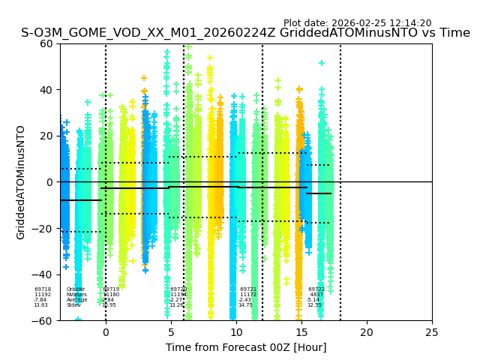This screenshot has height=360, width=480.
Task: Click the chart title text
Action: coord(245,33)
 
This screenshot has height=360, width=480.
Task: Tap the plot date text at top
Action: coord(357,23)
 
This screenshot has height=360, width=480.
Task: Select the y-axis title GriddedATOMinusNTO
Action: coord(21,182)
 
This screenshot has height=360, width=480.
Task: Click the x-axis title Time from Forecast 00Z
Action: coord(246,347)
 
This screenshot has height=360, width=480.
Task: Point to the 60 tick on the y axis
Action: coord(47,43)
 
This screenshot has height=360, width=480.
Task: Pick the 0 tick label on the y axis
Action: coord(50,182)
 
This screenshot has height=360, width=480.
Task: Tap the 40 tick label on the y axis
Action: coord(47,90)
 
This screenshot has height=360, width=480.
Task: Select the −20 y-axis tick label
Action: coord(43,229)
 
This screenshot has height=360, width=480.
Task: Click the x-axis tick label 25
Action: coord(432,332)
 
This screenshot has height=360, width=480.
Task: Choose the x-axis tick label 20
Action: coord(367,332)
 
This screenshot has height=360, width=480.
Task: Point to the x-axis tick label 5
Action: coord(171,332)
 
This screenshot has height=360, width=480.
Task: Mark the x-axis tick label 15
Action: coord(301,332)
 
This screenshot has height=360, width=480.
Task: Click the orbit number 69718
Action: coord(43,289)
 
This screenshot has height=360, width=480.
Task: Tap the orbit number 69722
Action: coord(316,289)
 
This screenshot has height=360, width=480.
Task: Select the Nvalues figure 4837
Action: coord(316,295)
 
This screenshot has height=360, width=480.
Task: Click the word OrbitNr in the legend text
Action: coord(76,289)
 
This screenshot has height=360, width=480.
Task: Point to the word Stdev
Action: coord(73,305)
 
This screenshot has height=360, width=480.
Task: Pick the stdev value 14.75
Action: coord(245,305)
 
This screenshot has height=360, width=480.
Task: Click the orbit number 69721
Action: coord(248,289)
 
